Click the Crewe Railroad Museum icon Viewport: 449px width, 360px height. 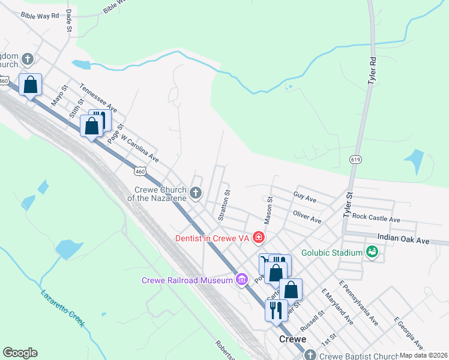pos(242,279)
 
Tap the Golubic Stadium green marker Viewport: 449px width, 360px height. pos(372,253)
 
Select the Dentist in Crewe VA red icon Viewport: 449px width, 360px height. pos(259,238)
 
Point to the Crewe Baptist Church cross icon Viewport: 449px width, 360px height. pos(310,355)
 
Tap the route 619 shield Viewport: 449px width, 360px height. pos(355,159)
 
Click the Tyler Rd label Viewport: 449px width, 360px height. pos(373,70)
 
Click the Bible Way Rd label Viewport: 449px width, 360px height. pos(40,15)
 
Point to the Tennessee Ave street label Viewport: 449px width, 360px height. pos(98,98)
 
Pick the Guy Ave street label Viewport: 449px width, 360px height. pos(305,197)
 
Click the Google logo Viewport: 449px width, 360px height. pos(20,353)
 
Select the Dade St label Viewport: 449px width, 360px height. pos(70,20)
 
